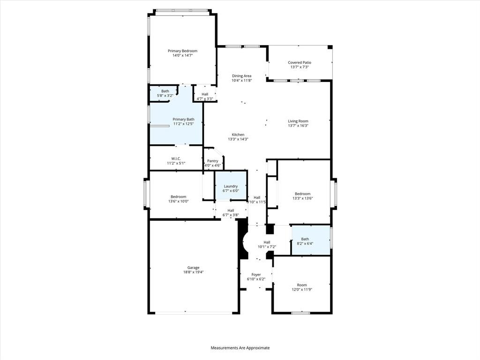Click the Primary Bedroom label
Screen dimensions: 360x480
tap(182, 51)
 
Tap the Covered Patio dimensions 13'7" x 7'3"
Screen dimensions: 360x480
tap(299, 67)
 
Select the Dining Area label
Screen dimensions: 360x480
tap(241, 75)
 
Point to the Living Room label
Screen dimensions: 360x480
tap(298, 121)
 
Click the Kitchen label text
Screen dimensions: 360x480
tap(238, 135)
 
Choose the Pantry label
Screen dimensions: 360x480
tap(212, 161)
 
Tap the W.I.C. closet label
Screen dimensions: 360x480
tap(176, 158)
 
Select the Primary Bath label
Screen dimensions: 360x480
tap(183, 119)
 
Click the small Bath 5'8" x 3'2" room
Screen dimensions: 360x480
tap(165, 93)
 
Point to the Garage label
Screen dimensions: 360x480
tap(194, 268)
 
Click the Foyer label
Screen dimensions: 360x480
tap(256, 275)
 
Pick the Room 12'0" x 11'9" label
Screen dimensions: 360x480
tap(302, 285)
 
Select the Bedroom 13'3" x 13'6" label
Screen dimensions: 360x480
tap(302, 194)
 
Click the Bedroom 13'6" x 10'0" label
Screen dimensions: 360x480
tap(178, 196)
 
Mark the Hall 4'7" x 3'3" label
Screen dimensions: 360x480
tap(205, 94)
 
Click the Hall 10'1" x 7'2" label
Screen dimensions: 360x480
tap(267, 242)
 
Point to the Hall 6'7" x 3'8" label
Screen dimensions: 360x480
tap(231, 210)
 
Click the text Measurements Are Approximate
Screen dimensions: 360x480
tap(240, 348)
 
